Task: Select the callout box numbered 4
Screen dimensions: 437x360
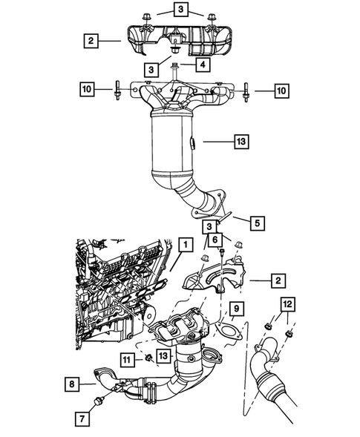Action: [200, 65]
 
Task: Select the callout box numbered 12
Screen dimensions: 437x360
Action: [287, 304]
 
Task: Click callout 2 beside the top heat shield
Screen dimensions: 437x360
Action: [90, 41]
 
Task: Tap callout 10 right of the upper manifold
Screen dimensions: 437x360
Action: [280, 90]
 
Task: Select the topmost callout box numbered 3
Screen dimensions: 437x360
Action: [182, 10]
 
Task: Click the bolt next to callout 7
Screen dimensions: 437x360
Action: [98, 402]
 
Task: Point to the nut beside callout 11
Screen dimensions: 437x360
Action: [148, 359]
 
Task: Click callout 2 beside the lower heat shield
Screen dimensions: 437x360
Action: [275, 280]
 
